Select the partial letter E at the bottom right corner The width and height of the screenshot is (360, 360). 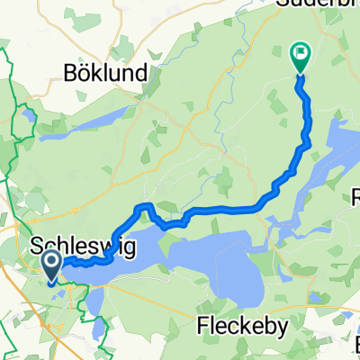[355, 347]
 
